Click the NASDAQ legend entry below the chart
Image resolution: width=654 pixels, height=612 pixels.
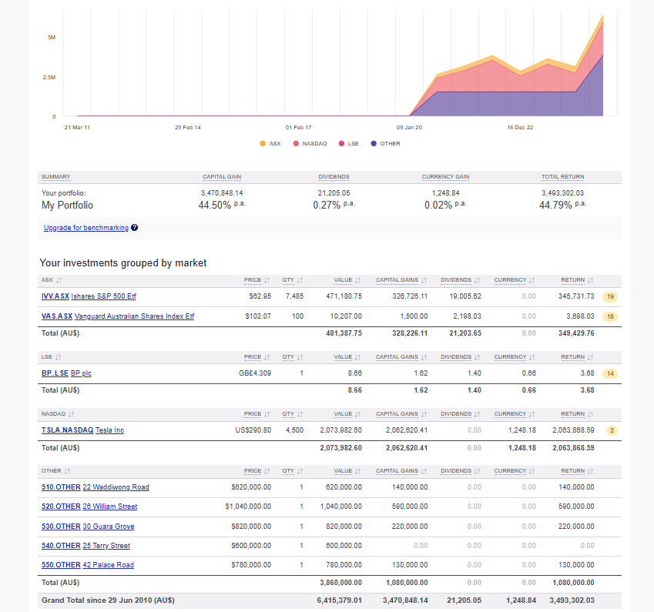pos(314,143)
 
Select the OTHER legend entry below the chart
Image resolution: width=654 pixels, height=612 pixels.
pos(390,143)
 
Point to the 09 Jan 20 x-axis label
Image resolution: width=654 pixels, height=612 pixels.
pos(409,127)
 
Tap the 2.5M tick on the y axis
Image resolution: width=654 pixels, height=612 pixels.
pos(49,77)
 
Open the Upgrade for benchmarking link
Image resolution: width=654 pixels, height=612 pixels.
pos(86,228)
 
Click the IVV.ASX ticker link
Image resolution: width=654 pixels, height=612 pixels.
pos(55,296)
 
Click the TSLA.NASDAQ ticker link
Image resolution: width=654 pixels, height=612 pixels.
pos(67,430)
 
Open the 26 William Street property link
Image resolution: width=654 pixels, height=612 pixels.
pos(110,507)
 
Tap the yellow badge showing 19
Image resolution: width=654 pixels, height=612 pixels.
pos(610,296)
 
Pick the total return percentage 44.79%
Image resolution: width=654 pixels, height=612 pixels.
pos(557,206)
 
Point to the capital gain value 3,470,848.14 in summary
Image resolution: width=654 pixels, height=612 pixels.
pos(221,192)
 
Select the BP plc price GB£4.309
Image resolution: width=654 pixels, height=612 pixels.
pos(255,373)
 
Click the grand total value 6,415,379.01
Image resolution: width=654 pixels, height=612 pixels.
pos(339,600)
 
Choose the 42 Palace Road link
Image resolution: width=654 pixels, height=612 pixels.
pos(108,565)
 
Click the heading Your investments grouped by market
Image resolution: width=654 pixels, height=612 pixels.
pos(123,263)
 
